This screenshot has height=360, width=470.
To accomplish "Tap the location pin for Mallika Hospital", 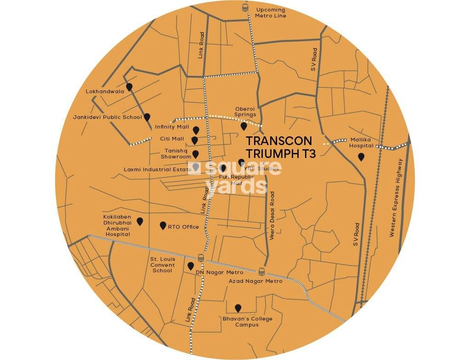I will click(x=361, y=157).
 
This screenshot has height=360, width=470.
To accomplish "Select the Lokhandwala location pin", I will click(x=130, y=87).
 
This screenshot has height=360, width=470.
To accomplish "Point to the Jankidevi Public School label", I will click(x=107, y=117).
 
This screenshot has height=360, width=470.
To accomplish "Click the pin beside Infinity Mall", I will click(x=196, y=130).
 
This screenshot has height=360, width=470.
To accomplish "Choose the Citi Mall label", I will click(x=172, y=139).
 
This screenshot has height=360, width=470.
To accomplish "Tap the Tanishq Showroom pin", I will click(x=195, y=154).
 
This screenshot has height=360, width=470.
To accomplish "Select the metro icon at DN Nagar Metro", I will click(x=200, y=258).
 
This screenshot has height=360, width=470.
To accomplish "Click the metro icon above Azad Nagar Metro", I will click(x=262, y=271).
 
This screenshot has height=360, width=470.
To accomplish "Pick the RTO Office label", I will click(x=183, y=227).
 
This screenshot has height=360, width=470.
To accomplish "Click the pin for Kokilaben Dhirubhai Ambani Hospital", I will click(x=140, y=221).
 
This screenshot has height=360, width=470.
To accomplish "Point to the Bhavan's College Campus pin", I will click(x=238, y=308).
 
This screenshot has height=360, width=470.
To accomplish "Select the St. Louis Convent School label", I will click(x=163, y=265).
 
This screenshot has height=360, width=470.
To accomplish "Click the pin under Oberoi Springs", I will click(x=244, y=126).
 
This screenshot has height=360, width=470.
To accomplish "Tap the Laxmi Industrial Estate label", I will click(x=157, y=169).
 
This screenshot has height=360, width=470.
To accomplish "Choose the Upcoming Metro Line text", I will click(x=271, y=13).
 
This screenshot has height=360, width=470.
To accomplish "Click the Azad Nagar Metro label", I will click(x=255, y=281).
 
